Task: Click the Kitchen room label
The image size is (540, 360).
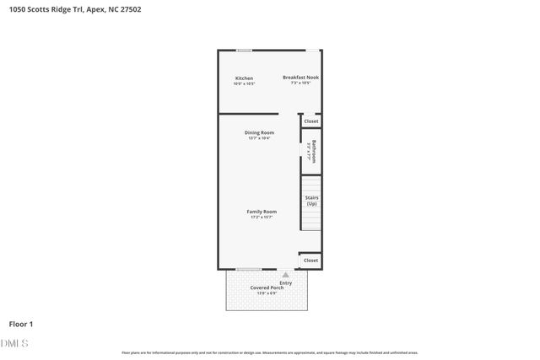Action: point(244,78)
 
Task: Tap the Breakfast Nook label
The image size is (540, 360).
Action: point(300,78)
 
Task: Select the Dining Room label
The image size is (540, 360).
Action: point(259,132)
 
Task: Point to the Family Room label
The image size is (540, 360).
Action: point(262,211)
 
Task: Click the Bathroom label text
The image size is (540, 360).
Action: point(314,149)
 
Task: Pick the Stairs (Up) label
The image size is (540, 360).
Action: point(311,201)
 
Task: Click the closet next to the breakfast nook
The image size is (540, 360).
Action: point(311,121)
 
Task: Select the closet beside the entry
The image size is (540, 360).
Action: point(310,261)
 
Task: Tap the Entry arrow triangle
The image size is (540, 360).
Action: point(285,274)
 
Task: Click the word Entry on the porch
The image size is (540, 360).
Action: point(286,282)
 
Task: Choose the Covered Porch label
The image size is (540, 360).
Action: point(266,287)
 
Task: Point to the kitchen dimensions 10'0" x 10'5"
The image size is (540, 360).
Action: point(244,84)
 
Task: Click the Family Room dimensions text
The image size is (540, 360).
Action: point(262,217)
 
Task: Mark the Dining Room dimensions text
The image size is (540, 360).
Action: point(259,138)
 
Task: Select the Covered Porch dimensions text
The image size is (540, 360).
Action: point(266,293)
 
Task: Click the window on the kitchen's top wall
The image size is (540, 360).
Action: point(243,50)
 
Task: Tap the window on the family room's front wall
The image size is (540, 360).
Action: point(248,269)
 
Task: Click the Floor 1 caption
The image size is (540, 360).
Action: point(21,324)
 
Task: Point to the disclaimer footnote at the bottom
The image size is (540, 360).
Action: point(270,352)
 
